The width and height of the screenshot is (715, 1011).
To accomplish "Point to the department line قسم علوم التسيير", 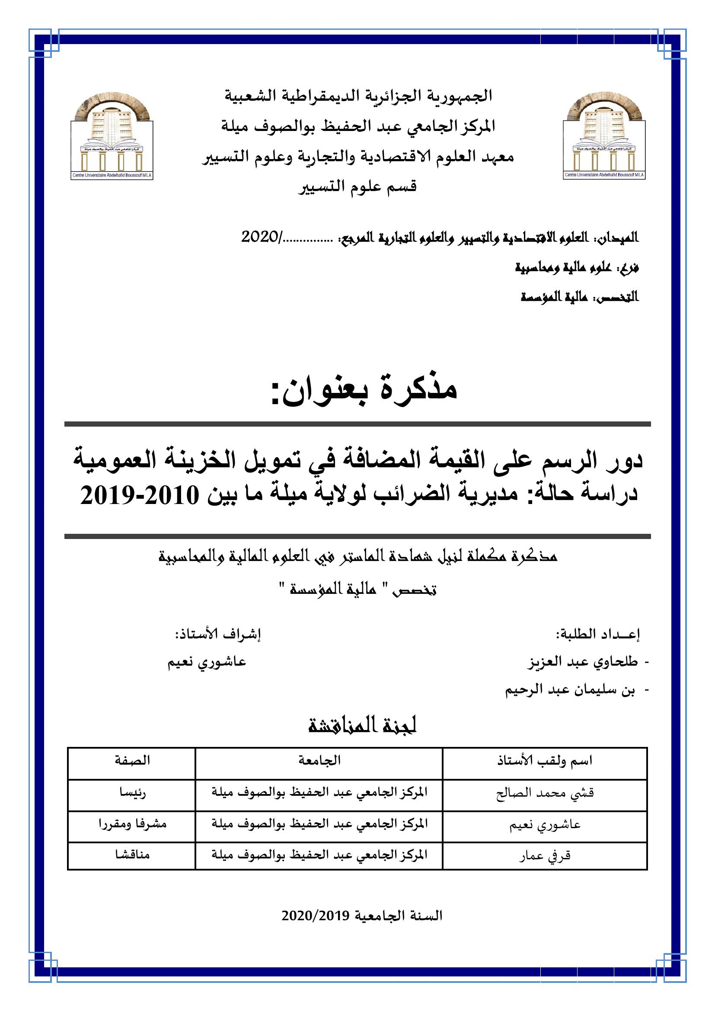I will pos(357,187).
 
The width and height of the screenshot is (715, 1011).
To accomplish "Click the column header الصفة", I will pos(133,760).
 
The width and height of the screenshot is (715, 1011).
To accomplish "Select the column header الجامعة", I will pos(319,760).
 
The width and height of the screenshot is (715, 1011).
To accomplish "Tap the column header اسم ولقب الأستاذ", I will pos(545,760).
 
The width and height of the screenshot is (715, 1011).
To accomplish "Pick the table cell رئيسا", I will pos(133,793).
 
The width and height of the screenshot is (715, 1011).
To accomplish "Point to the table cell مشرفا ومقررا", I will pos(133,824).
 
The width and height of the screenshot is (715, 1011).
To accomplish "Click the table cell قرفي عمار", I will pos(545,856).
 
